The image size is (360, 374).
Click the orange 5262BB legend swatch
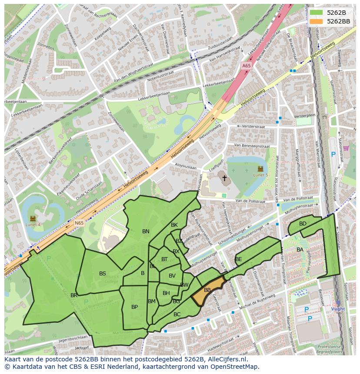pos(316,21)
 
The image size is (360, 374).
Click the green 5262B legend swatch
pos(316,13)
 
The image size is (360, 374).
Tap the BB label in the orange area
pos(207,290)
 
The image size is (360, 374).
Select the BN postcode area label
pos(146,232)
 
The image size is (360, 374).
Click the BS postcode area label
pos(103,274)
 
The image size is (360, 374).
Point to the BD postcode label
pos(303,224)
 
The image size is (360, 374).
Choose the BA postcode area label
pos(300,250)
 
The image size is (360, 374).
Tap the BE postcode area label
pos(238,259)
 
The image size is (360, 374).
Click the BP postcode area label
pos(134,307)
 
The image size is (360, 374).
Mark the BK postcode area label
pos(174,225)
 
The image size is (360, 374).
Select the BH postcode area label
pos(166,293)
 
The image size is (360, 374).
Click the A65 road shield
pos(246,66)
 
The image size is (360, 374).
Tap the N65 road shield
pos(79,223)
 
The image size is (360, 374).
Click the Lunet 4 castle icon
pos(33,218)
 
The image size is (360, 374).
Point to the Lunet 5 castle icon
pos(260,168)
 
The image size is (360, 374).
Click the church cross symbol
pos(224,178)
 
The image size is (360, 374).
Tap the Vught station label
pos(338,309)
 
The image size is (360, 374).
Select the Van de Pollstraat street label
pos(250,202)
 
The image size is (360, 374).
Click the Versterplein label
pos(304,116)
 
